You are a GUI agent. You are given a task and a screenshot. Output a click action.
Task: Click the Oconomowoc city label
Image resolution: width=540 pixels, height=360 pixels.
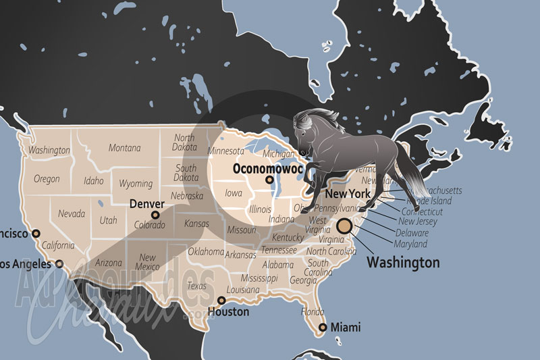pyautogui.click(x=267, y=169)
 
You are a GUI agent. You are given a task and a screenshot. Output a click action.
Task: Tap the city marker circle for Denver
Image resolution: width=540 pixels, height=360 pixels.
pyautogui.click(x=156, y=215)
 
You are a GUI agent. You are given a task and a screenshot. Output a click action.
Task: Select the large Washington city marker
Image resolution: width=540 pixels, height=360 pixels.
pyautogui.click(x=345, y=226)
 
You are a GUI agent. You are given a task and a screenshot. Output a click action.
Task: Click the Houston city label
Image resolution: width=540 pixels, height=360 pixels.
pyautogui.click(x=227, y=312)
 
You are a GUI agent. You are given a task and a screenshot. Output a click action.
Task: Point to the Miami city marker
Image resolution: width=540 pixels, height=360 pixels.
pyautogui.click(x=323, y=327)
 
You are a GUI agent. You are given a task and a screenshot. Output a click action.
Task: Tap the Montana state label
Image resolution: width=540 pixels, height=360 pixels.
pyautogui.click(x=125, y=148)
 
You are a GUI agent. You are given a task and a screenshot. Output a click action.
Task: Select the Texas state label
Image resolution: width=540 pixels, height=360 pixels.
pyautogui.click(x=196, y=286)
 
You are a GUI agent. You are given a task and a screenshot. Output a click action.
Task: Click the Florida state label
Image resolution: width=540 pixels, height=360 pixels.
pyautogui.click(x=313, y=312)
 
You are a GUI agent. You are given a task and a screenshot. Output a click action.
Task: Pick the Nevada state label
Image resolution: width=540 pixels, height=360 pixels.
pyautogui.click(x=72, y=213)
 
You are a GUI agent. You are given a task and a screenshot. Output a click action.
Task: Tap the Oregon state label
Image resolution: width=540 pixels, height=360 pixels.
pyautogui.click(x=47, y=180)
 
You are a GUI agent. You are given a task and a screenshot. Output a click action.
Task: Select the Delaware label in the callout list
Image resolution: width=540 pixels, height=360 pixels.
pyautogui.click(x=412, y=232)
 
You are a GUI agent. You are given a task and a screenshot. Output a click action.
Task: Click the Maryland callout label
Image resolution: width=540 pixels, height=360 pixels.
pyautogui.click(x=412, y=243)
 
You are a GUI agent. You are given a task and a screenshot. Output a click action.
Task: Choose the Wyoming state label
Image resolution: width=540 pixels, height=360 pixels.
pyautogui.click(x=136, y=183)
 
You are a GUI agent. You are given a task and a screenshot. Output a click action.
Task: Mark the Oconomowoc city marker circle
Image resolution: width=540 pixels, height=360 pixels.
pyautogui.click(x=269, y=180)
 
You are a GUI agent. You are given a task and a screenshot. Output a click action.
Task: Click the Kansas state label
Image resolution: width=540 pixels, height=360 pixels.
pyautogui.click(x=196, y=223)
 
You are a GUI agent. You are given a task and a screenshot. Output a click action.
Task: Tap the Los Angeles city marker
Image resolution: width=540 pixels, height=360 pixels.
pyautogui.click(x=60, y=264)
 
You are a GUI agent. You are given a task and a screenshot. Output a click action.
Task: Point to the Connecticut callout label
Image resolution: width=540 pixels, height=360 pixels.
pyautogui.click(x=423, y=211)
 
